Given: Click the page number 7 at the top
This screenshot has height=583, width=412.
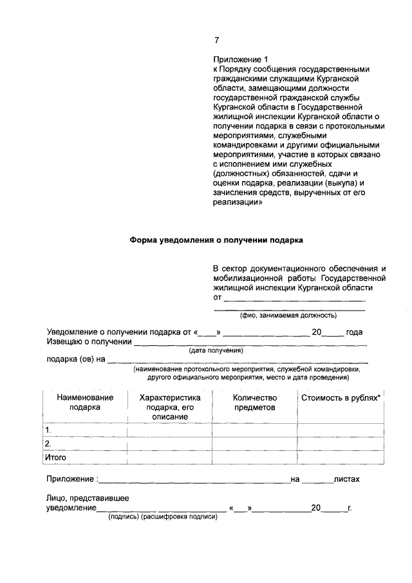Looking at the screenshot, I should (x=216, y=40).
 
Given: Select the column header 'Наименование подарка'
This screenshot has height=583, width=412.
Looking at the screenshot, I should (x=85, y=403).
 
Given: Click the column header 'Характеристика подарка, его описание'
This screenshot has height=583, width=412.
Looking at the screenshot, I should (x=170, y=407).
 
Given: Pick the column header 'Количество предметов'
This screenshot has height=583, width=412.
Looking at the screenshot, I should (x=254, y=403).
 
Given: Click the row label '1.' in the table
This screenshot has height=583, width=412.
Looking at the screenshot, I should (x=48, y=430).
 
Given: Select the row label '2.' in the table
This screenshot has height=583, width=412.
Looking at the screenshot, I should (x=48, y=444).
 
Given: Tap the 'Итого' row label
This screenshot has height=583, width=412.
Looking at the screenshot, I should (x=55, y=457).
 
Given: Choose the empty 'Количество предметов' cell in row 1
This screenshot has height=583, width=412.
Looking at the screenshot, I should (x=254, y=430).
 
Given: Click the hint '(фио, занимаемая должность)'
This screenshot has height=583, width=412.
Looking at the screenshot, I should (x=288, y=316).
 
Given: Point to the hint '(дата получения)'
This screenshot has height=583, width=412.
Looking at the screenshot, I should (x=216, y=351).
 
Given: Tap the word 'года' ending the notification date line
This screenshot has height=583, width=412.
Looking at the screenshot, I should (x=354, y=332).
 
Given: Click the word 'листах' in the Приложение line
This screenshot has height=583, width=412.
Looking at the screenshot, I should (x=346, y=480).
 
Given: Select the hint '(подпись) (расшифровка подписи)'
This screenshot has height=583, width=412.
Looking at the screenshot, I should (x=163, y=517).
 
